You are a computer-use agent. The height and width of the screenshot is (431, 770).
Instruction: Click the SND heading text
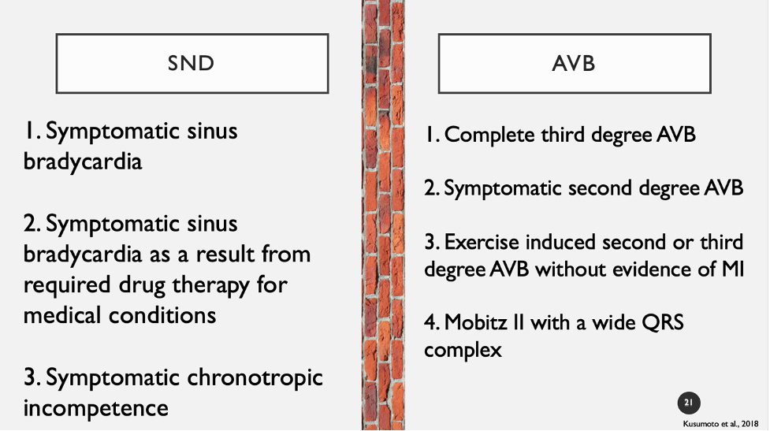click(x=191, y=63)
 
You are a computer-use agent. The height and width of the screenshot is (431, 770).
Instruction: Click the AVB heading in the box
click(x=574, y=63)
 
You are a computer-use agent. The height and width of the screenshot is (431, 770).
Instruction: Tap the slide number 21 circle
click(x=689, y=403)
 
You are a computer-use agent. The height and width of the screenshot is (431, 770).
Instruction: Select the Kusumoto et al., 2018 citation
click(x=720, y=424)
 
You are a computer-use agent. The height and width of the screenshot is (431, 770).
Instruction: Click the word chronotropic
click(x=255, y=378)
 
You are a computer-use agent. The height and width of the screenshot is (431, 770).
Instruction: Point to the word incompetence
click(x=96, y=408)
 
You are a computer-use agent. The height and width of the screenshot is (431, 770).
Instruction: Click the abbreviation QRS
click(x=663, y=323)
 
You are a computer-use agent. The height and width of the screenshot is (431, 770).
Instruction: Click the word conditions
click(x=162, y=315)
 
